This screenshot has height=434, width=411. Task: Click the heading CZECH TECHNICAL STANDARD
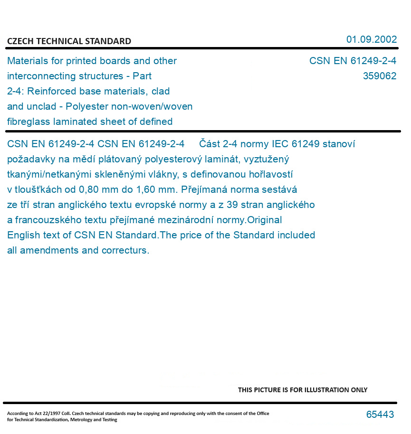[69, 41]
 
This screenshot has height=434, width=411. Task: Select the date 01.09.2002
[372, 39]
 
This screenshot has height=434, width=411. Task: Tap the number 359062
[379, 76]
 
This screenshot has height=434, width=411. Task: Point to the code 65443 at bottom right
[380, 415]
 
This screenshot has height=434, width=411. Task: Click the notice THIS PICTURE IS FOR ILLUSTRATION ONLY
[303, 390]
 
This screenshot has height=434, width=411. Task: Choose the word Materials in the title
[27, 61]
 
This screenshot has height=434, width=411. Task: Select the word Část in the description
[209, 144]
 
